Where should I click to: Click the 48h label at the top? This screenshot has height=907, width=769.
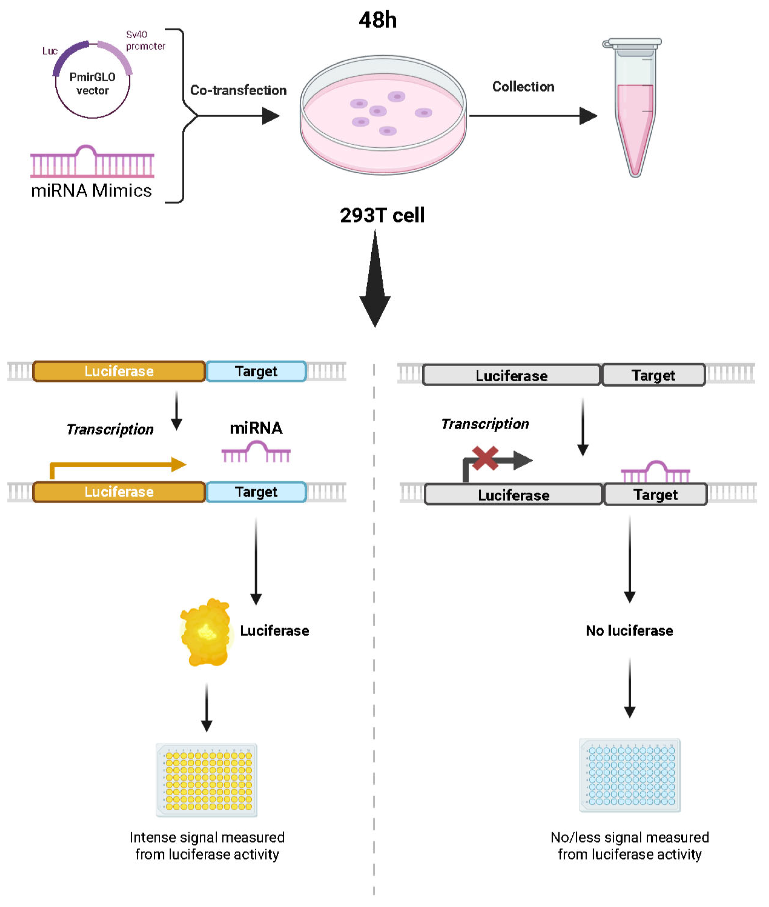click(x=378, y=20)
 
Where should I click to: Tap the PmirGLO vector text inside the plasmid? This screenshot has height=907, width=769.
click(x=92, y=84)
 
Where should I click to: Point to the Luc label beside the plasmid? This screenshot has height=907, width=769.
click(x=50, y=51)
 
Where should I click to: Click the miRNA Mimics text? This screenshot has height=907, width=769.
click(x=92, y=191)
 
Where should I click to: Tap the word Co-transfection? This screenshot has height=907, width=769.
click(x=238, y=90)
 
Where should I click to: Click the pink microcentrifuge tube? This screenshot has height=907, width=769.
click(x=635, y=118)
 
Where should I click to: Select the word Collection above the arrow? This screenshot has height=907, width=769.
click(x=523, y=87)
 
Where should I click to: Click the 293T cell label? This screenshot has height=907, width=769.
click(x=382, y=215)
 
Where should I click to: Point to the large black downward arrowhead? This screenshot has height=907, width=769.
click(x=375, y=305)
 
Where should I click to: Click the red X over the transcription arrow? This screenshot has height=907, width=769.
click(x=485, y=458)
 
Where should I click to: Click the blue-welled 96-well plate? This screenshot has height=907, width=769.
click(x=629, y=776)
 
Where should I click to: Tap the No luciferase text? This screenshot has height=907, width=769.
click(x=629, y=630)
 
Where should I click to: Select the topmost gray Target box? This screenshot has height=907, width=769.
click(x=653, y=375)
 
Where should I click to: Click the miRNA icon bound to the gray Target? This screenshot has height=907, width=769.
click(x=655, y=472)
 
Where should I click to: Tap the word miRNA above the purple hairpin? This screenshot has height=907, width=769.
click(x=256, y=428)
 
